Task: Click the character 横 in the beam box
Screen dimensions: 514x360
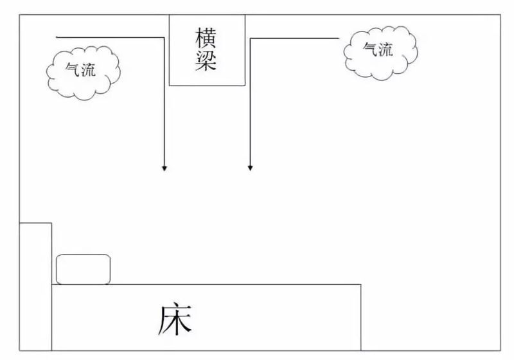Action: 206,39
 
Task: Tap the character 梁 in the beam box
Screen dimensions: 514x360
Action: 206,60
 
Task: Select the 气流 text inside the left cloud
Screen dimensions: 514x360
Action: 81,69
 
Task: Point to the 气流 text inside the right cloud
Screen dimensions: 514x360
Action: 378,50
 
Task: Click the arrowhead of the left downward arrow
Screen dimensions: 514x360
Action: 164,168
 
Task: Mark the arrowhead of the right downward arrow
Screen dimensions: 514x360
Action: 250,168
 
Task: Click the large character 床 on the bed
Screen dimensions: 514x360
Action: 175,320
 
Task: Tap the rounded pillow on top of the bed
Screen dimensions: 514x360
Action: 84,269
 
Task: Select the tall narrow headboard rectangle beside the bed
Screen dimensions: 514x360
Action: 35,287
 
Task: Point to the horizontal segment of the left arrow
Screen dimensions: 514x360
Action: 110,37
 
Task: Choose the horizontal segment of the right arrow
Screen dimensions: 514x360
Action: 295,39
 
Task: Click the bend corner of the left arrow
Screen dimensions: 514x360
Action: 164,37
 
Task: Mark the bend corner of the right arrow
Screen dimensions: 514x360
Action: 251,39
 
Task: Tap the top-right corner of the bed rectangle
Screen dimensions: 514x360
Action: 361,285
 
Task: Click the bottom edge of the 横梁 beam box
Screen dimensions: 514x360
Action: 207,85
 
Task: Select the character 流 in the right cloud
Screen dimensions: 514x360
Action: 385,50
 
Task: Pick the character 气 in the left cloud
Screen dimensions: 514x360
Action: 73,69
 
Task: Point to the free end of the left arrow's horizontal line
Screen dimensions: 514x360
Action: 57,37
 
